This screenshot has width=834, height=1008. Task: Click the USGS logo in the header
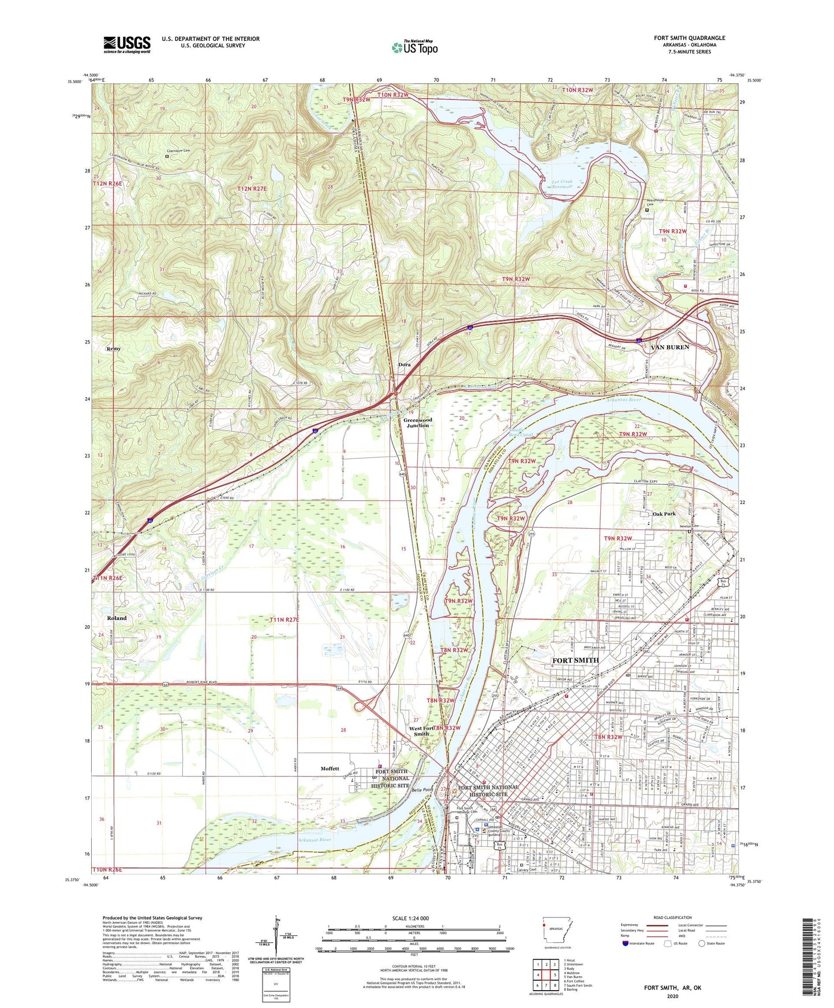click(127, 44)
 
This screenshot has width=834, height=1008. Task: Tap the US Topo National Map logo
click(414, 47)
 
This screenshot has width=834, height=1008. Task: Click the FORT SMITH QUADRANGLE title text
click(689, 38)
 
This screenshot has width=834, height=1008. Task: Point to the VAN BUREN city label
click(670, 348)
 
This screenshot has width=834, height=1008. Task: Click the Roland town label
click(117, 618)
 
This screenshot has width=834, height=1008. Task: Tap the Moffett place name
click(330, 768)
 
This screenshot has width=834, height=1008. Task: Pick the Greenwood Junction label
click(417, 423)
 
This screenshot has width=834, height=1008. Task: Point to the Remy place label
click(113, 349)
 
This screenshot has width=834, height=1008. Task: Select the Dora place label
click(405, 365)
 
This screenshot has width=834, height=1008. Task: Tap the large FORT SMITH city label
click(575, 660)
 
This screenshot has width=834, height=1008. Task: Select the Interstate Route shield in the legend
click(626, 943)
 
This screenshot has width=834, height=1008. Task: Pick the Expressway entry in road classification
click(633, 925)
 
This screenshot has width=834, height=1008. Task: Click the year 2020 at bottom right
click(672, 996)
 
